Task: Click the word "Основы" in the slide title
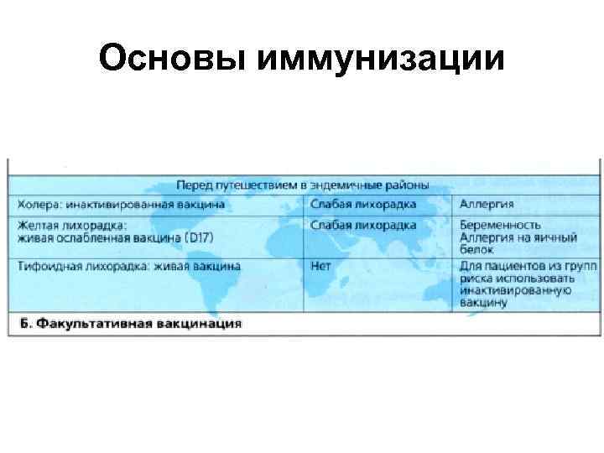168,60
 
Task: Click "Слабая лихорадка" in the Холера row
362,205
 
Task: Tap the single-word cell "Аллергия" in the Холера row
487,205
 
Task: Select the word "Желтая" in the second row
39,226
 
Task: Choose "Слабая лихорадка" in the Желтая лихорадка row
362,226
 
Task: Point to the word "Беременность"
500,226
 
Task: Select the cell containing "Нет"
320,266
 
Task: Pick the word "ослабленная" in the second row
91,237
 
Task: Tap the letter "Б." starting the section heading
24,323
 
